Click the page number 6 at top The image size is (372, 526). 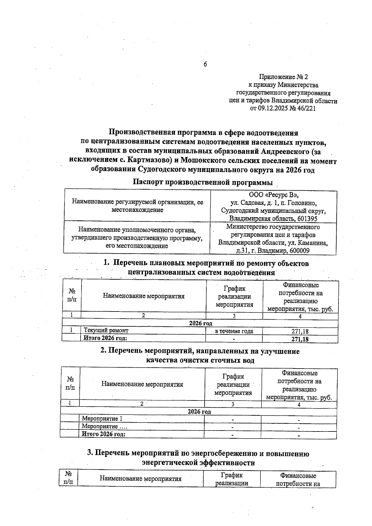coord(205,64)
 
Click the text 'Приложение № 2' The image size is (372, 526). coord(283,77)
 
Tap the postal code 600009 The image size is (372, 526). coord(299,251)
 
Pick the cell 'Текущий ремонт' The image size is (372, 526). coord(106,331)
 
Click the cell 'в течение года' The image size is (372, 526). coord(234,331)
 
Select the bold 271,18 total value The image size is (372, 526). coord(300,339)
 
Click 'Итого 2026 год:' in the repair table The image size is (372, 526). coord(105,338)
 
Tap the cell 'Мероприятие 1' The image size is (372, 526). coord(100,419)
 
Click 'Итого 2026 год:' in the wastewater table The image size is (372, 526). coord(104,434)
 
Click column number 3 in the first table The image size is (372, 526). coord(234,316)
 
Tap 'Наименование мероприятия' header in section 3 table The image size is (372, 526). coord(140,479)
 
